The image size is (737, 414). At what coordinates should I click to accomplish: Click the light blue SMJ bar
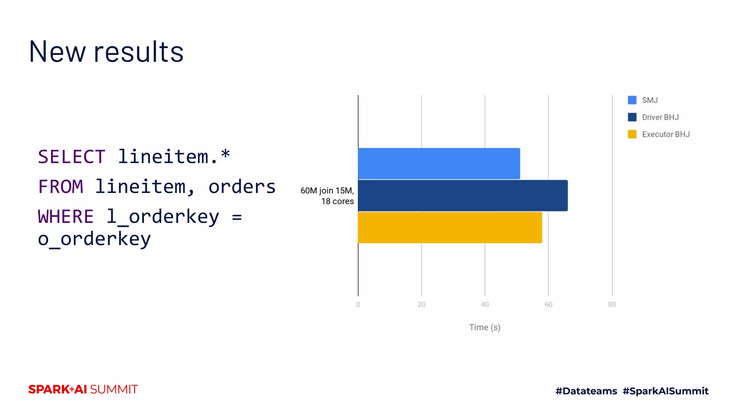(439, 164)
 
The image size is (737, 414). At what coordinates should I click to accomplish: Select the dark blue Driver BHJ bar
(462, 195)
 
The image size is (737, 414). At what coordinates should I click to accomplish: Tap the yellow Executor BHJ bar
(450, 227)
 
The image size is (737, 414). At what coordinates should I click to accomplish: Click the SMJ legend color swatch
(632, 100)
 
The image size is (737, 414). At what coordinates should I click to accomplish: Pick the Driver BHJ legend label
(660, 117)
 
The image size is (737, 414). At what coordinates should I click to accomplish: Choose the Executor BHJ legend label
(666, 134)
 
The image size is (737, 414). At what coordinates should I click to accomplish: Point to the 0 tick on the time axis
(358, 304)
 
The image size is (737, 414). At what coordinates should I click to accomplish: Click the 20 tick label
(421, 304)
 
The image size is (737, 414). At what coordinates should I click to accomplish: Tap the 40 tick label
(485, 304)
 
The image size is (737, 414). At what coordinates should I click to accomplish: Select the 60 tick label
(548, 304)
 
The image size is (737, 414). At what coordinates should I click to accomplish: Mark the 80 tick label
(612, 304)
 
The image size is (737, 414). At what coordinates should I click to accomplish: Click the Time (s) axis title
(485, 327)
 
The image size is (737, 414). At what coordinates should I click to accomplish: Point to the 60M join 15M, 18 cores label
(327, 196)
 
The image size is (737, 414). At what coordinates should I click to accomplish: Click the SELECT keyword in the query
(72, 157)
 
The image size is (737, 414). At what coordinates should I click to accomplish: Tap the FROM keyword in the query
(61, 187)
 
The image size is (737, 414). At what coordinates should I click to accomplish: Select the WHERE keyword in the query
(66, 217)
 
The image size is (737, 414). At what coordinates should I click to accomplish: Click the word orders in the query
(242, 187)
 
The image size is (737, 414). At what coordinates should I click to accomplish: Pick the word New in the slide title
(57, 52)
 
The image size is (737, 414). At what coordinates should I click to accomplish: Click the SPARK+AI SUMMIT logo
(83, 390)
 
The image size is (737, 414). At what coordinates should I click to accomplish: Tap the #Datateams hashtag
(586, 391)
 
